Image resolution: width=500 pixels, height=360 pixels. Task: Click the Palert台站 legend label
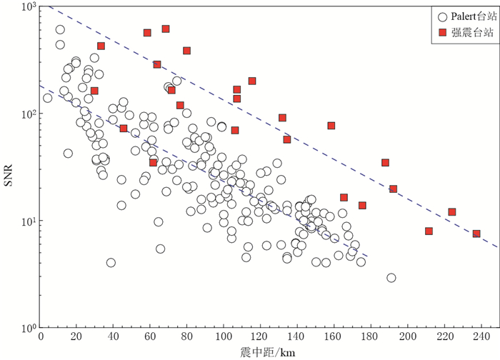(x=474, y=15)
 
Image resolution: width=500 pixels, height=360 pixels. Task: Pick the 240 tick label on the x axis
(x=481, y=338)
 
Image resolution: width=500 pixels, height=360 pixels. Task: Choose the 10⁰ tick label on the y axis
(x=26, y=329)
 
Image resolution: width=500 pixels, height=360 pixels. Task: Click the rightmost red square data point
(x=476, y=234)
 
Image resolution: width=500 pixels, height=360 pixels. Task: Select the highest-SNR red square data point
(x=166, y=29)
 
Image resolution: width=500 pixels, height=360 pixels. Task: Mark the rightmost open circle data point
(x=391, y=278)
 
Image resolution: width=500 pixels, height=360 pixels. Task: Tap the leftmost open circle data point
(x=48, y=98)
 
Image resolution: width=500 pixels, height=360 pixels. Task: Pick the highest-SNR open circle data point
(x=60, y=30)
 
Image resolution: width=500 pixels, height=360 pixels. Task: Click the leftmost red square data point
(x=94, y=91)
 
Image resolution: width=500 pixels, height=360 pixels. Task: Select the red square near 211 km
(x=429, y=231)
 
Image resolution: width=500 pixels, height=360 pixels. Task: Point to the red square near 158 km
(x=331, y=126)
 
